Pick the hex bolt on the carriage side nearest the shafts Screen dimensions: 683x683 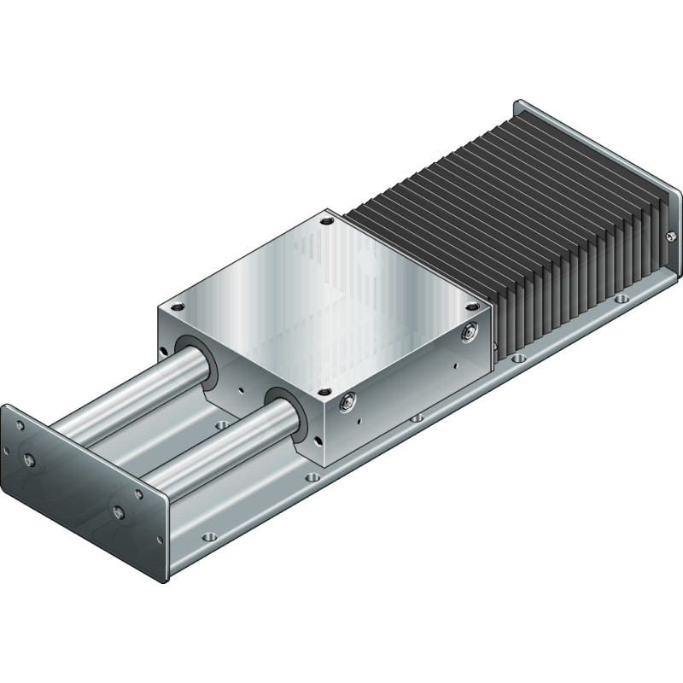[347, 400]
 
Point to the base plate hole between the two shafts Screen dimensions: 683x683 [223, 423]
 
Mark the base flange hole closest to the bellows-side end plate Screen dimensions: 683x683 [622, 299]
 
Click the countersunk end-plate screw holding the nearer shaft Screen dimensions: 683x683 [119, 512]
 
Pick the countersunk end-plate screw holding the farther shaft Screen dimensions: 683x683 [31, 461]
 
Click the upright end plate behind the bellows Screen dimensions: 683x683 [598, 154]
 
